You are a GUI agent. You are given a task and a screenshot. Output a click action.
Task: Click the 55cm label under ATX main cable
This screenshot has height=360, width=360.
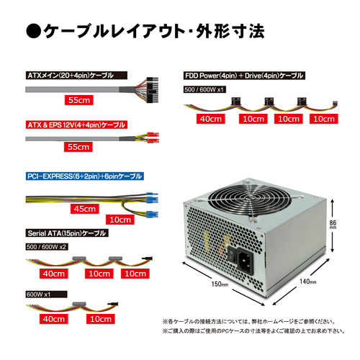pos(79,100)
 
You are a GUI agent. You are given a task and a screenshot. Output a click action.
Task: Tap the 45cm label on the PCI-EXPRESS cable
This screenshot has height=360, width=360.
pos(85,209)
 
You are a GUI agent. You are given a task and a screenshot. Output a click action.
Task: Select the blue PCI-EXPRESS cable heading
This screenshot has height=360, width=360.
pos(85,176)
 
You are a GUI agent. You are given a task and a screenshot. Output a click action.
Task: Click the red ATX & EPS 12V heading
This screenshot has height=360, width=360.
pos(76,125)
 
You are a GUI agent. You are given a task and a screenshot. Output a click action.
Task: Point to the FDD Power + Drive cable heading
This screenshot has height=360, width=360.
pos(244,76)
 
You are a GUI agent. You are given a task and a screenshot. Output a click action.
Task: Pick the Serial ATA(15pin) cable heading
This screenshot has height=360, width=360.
pos(67,233)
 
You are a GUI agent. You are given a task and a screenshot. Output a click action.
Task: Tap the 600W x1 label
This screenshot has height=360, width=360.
pos(46,294)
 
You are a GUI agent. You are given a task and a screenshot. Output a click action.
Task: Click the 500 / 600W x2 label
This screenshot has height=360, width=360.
pos(47,247)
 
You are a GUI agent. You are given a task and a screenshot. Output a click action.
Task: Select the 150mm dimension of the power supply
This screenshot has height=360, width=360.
pos(220,284)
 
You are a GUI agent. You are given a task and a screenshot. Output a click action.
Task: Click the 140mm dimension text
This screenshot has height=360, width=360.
pos(308,282)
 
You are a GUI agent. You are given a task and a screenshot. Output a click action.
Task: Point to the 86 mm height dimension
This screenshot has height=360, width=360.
pos(333,225)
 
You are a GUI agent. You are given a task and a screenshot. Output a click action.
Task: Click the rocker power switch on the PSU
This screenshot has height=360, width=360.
pos(232,255)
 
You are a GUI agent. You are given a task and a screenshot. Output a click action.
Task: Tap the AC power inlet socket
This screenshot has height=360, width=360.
pos(245,261)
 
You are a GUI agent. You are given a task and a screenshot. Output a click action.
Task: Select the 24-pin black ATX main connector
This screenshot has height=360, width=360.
pos(152,90)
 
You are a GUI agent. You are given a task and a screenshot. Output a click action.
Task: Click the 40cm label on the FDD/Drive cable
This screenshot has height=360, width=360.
pos(211,119)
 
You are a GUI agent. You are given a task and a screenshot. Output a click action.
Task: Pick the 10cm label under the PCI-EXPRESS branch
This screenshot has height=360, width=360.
pos(120,220)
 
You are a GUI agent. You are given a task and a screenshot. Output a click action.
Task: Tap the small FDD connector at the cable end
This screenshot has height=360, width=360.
pos(335,104)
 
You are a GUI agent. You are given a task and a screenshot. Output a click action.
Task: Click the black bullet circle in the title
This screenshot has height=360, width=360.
pos(33,31)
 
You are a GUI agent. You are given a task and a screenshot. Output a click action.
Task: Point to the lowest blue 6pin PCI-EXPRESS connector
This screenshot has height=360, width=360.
pos(152,214)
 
